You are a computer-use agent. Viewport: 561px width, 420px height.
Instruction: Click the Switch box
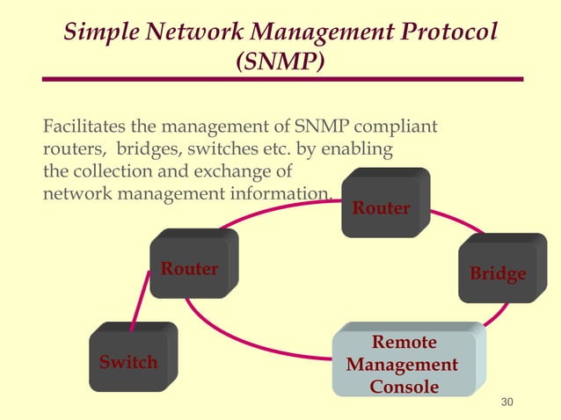[x=128, y=361]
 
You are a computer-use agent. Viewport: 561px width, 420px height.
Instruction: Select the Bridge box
[x=498, y=273]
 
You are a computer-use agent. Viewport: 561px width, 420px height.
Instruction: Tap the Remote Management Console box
[x=404, y=364]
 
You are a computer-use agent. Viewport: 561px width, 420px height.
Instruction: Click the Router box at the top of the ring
[x=382, y=208]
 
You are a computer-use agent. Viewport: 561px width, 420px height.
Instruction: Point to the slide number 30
[x=506, y=402]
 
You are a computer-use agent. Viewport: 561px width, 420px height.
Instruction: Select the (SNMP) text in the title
[x=280, y=62]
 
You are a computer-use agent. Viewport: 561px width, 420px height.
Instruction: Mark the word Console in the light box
[x=404, y=387]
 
